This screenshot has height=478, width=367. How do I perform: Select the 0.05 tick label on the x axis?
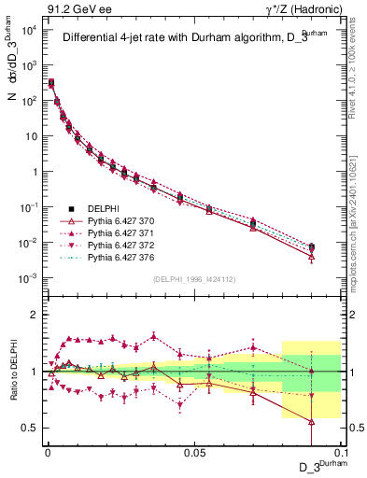click(x=193, y=452)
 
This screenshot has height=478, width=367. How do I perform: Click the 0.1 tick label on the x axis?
click(x=341, y=452)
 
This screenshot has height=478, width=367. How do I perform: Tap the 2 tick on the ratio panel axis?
click(x=33, y=315)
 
